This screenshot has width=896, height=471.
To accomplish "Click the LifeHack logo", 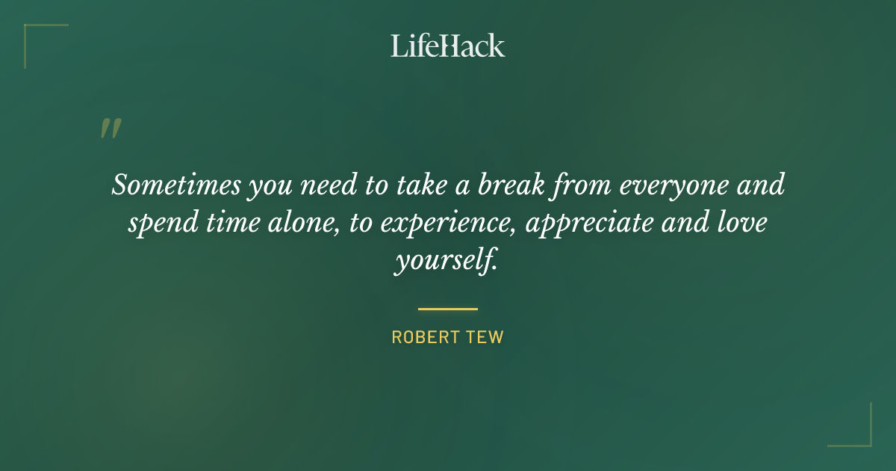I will tap(448, 46).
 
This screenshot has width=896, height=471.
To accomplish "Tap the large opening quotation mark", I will tap(110, 129).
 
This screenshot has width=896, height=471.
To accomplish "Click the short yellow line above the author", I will tap(448, 309).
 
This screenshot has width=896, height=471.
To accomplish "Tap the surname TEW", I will tap(486, 337).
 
